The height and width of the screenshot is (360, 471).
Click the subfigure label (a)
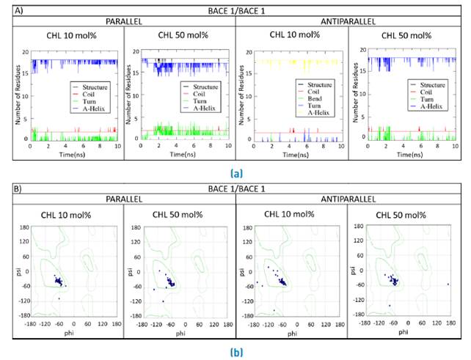click(x=236, y=174)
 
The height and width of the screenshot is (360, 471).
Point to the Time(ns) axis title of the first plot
click(x=70, y=155)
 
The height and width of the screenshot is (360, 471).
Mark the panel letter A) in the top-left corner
click(x=18, y=8)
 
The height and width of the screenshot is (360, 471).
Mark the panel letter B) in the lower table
click(x=19, y=188)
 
